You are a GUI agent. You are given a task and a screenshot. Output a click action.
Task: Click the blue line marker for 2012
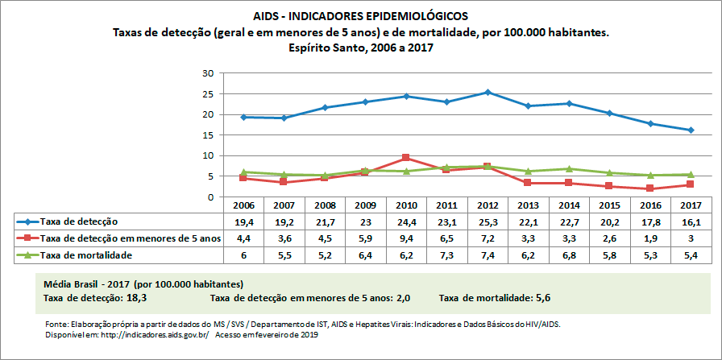coord(488,93)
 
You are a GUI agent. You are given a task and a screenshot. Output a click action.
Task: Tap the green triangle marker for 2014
coord(570,169)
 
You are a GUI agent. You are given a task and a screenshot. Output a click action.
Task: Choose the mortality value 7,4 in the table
coord(487,254)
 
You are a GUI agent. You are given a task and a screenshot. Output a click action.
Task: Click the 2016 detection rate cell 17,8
coord(650,221)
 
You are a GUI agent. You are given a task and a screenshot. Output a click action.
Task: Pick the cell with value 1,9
coord(650,238)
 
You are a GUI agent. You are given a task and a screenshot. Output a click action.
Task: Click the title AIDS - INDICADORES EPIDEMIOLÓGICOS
coord(360,16)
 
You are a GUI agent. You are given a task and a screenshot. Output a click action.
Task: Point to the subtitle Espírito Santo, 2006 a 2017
coord(360,48)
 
